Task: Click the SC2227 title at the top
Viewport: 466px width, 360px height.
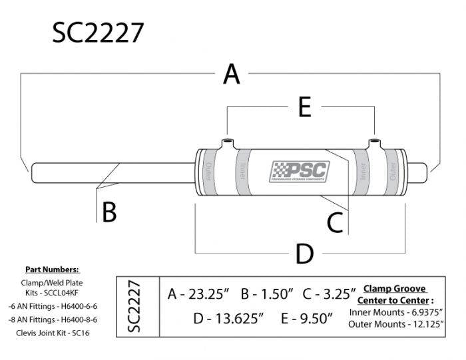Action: point(97,33)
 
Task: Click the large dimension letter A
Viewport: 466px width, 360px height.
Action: point(231,74)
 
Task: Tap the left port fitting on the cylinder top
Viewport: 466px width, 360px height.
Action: point(228,143)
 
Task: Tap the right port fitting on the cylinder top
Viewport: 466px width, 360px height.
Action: point(375,143)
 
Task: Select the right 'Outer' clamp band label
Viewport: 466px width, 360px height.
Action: point(394,172)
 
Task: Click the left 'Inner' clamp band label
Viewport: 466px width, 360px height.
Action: point(242,173)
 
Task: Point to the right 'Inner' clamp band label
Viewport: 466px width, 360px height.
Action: point(363,173)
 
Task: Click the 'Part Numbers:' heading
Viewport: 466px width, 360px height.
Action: point(52,270)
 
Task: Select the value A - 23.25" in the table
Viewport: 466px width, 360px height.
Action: point(198,293)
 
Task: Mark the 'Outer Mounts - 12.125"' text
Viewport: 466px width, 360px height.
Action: point(397,324)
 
